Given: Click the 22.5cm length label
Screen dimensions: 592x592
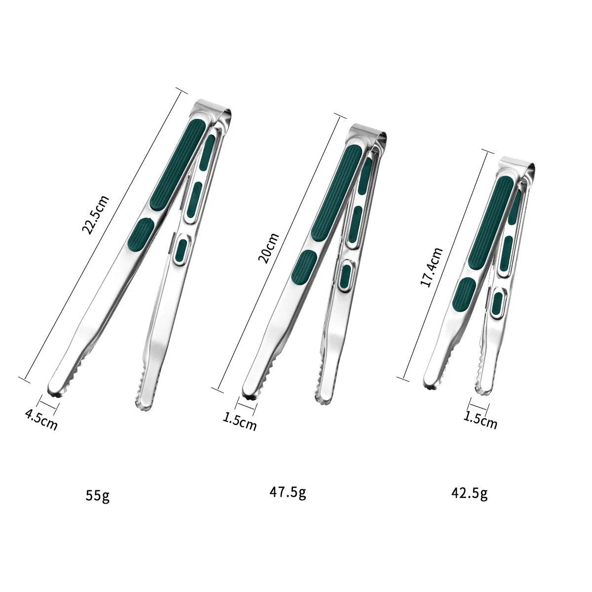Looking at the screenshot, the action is pos(95,215).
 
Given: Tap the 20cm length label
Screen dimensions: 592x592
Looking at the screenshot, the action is pos(268,248).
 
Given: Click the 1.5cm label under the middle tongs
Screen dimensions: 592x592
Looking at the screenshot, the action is pos(240,421).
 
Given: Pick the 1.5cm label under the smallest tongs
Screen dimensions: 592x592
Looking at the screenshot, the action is pos(480,420).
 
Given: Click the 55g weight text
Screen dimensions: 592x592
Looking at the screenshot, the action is pos(98,495).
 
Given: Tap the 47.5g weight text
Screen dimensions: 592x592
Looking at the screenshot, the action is pos(288,492).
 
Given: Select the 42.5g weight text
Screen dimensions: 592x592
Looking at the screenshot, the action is pos(470,493).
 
